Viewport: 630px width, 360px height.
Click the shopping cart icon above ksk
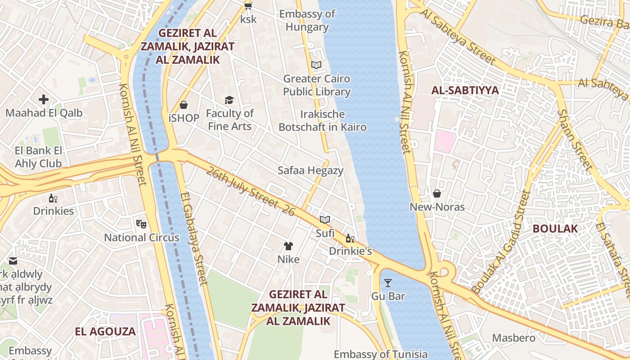coord(247,6)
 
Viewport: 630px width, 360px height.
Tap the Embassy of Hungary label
coord(307,20)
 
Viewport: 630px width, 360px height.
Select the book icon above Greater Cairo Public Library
coord(316,65)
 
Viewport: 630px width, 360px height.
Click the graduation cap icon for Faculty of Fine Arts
coord(229,100)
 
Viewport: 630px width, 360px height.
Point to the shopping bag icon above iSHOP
coord(184,105)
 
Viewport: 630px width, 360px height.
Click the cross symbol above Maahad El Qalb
coord(44,99)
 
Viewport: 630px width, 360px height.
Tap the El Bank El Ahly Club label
coord(38,157)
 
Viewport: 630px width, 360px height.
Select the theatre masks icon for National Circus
coord(141,223)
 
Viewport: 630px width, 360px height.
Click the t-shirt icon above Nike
coord(288,246)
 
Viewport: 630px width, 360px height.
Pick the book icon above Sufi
coord(325,220)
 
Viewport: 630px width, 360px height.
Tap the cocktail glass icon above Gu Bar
coord(388,283)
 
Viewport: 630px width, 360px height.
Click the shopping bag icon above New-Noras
coord(436,193)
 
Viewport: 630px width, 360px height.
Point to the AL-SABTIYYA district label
coord(465,90)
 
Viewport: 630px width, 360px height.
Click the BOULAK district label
coord(555,229)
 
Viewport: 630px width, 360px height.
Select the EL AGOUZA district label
coord(105,332)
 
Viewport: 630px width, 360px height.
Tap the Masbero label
coord(513,338)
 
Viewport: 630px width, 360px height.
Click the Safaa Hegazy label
coord(310,171)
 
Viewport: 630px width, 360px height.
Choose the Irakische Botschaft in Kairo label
coord(322,121)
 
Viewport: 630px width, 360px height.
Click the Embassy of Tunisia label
coord(380,354)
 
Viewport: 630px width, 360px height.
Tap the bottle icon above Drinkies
coord(53,198)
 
